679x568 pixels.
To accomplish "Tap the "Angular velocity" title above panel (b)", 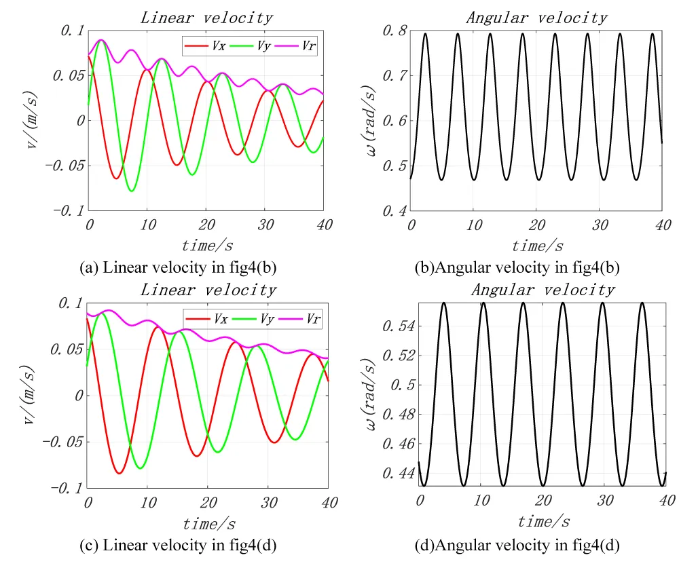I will pos(536,18).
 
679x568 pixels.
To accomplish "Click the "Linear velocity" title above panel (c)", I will pos(208,290).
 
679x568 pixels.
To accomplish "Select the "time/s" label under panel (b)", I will pos(537,246).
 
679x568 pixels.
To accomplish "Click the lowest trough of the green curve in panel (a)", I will pos(132,191).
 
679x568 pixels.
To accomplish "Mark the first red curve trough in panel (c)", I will pos(119,473).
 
